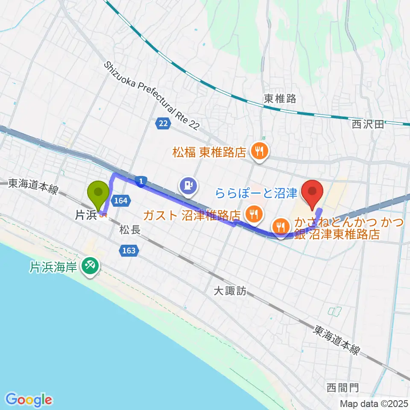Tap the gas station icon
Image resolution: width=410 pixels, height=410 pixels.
tap(188, 185)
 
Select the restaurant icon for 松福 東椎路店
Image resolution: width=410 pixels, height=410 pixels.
tap(259, 151)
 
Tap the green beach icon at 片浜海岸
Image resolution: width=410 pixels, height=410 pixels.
tap(90, 267)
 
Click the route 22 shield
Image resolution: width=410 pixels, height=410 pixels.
tap(163, 123)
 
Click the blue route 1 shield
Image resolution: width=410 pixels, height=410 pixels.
tap(141, 182)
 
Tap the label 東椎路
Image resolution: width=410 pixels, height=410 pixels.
tap(280, 99)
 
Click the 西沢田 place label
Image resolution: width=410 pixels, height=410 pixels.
tap(368, 124)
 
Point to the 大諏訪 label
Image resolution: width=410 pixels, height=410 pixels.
tap(231, 291)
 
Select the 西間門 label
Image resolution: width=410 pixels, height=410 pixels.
tap(343, 388)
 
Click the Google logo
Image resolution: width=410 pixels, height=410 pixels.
tap(29, 400)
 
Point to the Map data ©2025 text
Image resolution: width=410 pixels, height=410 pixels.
tap(374, 404)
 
